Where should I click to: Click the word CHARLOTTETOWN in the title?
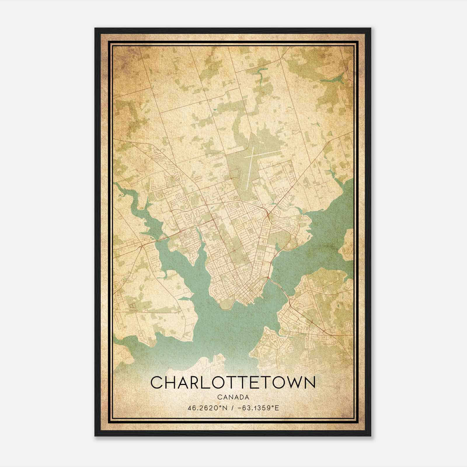coord(233,383)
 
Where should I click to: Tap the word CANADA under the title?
coord(233,397)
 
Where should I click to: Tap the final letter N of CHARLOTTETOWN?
coord(310,383)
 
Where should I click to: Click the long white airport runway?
coord(249,168)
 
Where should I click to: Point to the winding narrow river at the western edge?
coord(131,198)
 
